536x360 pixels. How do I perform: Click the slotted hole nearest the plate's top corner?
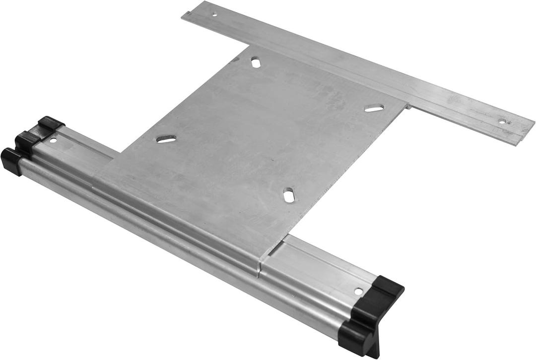[x=256, y=62]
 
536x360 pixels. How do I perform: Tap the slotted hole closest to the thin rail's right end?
[x=374, y=108]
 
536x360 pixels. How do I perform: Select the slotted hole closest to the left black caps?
[x=166, y=139]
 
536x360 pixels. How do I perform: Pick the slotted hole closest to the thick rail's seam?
[x=289, y=194]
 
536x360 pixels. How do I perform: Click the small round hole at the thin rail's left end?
[x=214, y=14]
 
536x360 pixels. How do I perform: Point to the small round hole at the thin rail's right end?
[x=502, y=121]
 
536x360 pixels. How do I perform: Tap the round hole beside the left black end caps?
[x=53, y=140]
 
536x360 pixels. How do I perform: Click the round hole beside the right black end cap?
[x=358, y=291]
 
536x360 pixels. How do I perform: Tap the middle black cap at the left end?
[x=27, y=141]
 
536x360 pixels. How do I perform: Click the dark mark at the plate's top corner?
[x=235, y=60]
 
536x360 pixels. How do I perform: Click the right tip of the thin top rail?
[x=534, y=121]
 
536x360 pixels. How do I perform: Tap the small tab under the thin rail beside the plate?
[x=408, y=106]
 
